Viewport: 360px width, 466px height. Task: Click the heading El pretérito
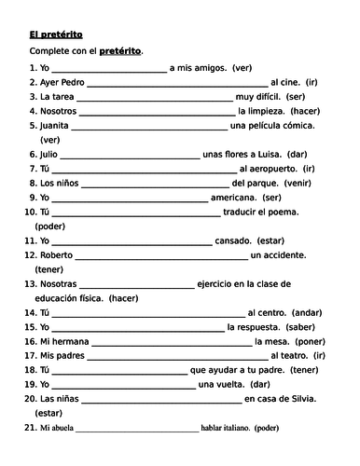57,32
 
